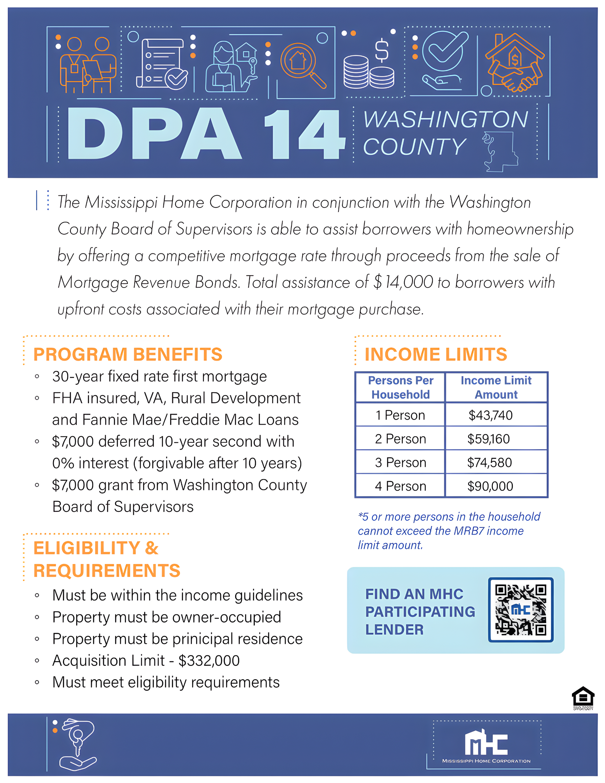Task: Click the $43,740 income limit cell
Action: tap(490, 415)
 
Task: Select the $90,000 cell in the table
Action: tap(490, 486)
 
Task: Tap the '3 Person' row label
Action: tap(400, 462)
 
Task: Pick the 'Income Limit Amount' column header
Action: tap(496, 387)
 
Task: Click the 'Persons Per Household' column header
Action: tap(400, 387)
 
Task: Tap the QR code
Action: tap(520, 609)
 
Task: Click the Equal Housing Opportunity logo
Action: tap(583, 698)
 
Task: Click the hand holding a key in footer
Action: tap(77, 744)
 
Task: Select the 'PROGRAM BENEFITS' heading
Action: tap(128, 354)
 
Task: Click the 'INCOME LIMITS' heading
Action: tap(436, 354)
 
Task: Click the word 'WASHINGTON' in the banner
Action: tap(446, 119)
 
